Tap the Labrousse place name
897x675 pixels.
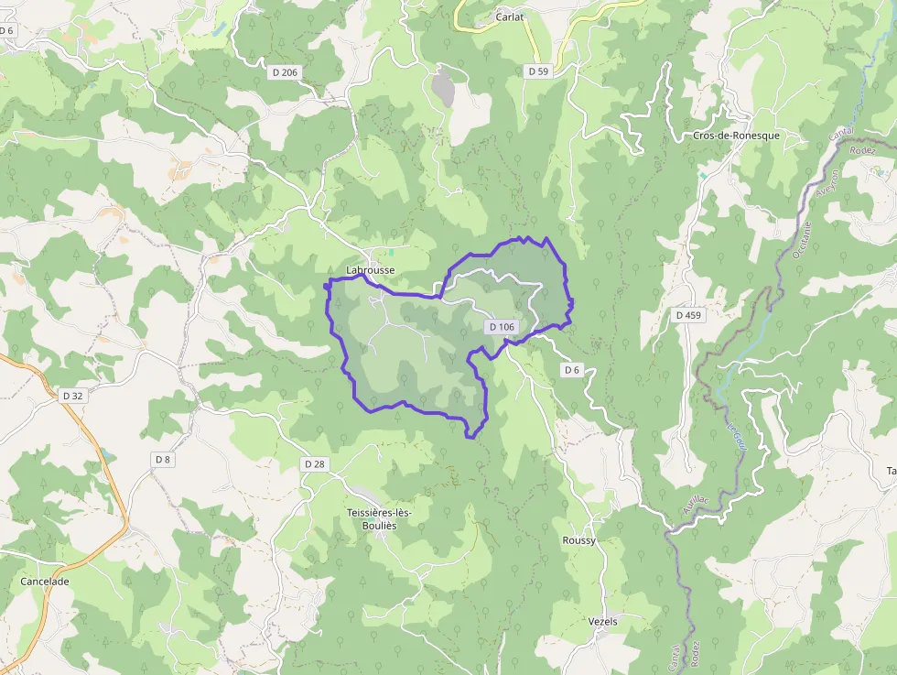[371, 270]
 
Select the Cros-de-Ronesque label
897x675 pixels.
[736, 136]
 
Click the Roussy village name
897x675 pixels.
[578, 540]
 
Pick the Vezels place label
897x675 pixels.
[602, 621]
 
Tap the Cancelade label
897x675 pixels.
[45, 581]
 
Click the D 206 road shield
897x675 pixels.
[285, 72]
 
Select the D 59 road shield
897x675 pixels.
[537, 71]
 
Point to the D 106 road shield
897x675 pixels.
[502, 327]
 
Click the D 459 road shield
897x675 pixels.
[688, 315]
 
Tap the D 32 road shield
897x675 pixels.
[72, 396]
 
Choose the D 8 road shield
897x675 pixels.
[163, 459]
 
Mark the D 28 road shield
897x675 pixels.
[314, 464]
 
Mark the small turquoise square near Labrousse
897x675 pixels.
[391, 252]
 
